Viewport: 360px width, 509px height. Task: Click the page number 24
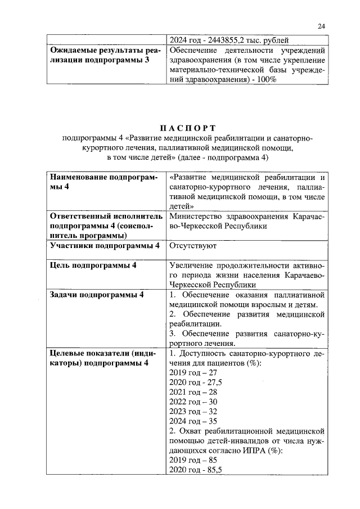[x=321, y=26]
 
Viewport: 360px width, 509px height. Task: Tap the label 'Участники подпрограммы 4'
[x=105, y=246]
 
